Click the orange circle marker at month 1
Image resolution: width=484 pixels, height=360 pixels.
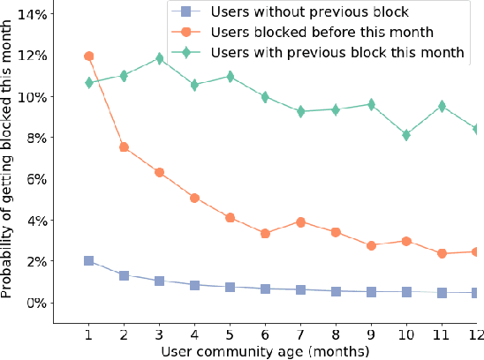coord(88,56)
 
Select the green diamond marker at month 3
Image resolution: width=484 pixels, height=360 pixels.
coord(159,59)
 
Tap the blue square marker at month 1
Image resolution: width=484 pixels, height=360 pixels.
coord(88,261)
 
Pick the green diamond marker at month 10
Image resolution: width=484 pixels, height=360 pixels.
coord(405,135)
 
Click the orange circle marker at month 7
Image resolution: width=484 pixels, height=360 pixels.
coord(299,222)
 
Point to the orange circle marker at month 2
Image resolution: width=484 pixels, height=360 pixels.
coord(124,147)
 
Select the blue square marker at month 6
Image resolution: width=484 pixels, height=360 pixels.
coord(264,289)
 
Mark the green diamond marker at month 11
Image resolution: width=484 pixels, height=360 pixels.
coord(440,106)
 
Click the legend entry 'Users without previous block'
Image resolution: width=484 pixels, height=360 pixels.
coord(304,13)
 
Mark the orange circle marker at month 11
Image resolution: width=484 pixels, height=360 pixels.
coord(440,253)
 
